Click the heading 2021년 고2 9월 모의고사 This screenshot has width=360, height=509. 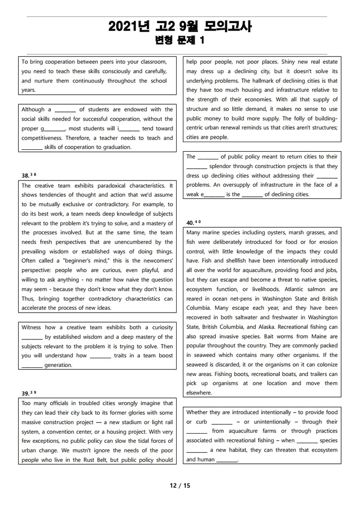[180, 26]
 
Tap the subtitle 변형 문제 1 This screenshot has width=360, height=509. [180, 40]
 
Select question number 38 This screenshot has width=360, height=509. [25, 176]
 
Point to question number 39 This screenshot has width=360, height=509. [25, 394]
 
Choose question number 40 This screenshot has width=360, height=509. [191, 222]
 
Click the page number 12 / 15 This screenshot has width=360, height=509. [180, 485]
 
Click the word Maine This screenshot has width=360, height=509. [304, 336]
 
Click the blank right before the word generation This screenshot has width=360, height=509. [32, 365]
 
